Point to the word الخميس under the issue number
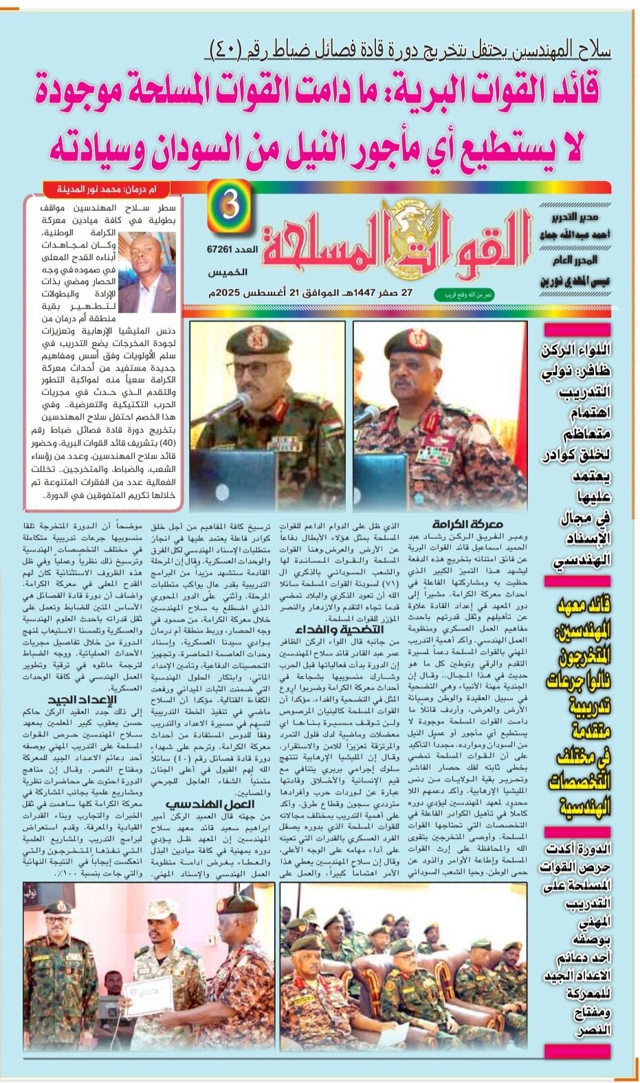click(x=226, y=272)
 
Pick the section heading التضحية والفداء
click(x=339, y=630)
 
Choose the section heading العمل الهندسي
click(x=210, y=804)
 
